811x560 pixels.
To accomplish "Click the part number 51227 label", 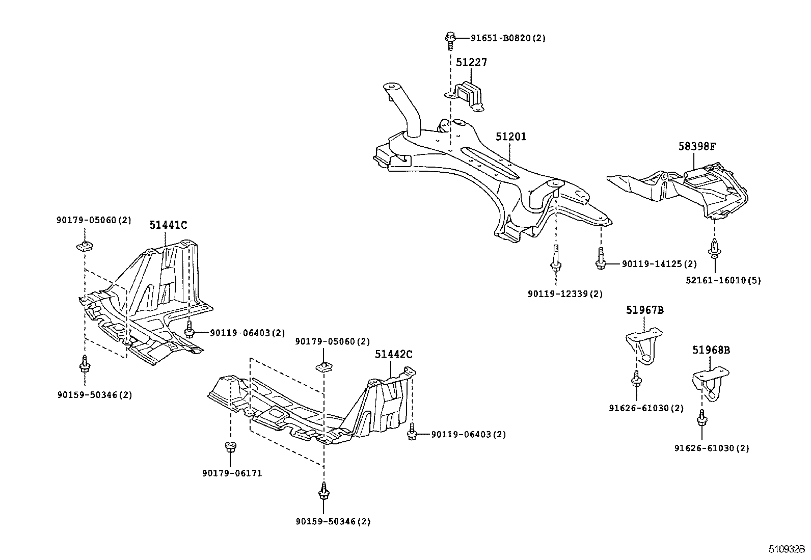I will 471,62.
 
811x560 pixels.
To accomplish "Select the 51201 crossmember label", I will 511,137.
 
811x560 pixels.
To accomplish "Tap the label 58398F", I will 696,146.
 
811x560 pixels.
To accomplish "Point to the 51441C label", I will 168,225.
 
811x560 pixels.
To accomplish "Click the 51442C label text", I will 393,354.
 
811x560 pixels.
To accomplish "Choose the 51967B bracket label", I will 644,310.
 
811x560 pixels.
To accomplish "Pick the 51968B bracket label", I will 711,350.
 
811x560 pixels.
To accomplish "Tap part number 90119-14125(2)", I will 659,264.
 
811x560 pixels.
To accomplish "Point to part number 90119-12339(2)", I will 565,294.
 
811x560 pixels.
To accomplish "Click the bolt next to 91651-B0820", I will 450,40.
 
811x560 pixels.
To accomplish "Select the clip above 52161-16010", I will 714,247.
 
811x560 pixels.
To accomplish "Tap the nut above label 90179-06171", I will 230,447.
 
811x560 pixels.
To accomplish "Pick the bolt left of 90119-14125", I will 600,259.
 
